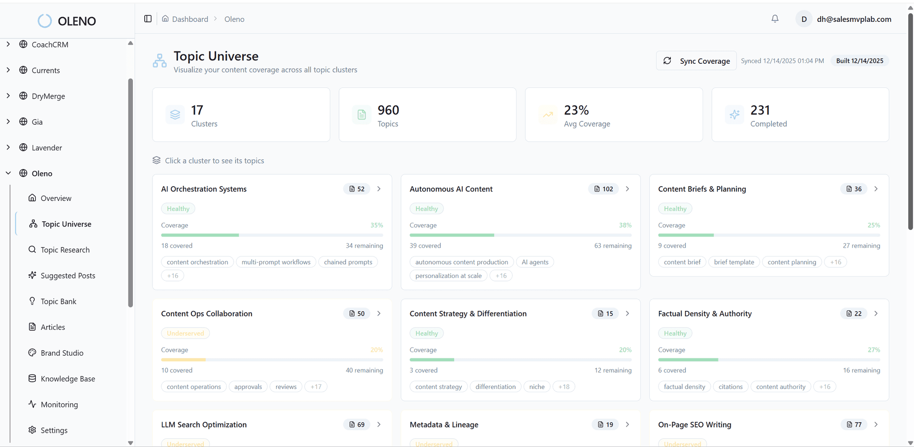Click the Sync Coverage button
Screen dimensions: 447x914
coord(696,61)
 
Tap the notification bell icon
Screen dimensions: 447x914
coord(775,19)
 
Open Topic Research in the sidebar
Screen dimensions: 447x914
coord(65,250)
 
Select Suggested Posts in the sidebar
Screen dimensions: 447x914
coord(68,276)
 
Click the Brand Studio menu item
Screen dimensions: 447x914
coord(62,353)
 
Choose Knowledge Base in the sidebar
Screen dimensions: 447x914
coord(68,379)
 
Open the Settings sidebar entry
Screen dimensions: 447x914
coord(54,430)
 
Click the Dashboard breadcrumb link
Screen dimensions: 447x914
coord(190,19)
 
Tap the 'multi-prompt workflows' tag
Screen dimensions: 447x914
coord(276,262)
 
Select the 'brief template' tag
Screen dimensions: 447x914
coord(734,262)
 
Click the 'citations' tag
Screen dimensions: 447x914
coord(730,387)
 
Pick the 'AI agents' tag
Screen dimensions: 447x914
coord(535,262)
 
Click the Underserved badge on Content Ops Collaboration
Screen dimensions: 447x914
coord(185,334)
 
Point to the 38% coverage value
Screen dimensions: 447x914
coord(625,225)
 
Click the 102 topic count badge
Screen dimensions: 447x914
coord(604,189)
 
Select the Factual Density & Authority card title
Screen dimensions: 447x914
coord(705,314)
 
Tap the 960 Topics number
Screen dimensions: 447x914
coord(388,110)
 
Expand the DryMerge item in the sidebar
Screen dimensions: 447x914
coord(8,96)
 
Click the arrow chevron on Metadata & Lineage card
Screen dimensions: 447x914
coord(627,425)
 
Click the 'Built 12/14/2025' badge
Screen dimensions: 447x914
coord(859,61)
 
